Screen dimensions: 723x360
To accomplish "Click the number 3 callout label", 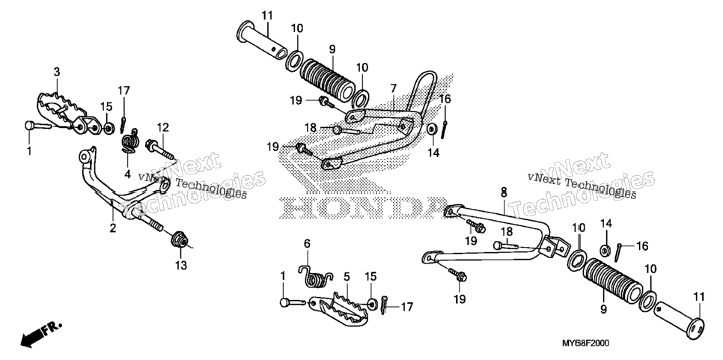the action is [57, 72].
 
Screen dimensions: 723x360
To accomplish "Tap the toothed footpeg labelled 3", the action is [69, 115].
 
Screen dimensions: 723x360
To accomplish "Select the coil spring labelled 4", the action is [130, 139].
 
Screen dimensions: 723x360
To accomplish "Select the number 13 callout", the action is [181, 265].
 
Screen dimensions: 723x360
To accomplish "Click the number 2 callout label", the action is [112, 228].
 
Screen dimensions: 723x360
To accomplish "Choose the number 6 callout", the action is [307, 243].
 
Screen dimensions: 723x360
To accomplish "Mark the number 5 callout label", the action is [347, 277].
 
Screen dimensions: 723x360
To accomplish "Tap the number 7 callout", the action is [394, 88].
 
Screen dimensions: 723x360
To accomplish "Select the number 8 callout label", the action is [504, 192].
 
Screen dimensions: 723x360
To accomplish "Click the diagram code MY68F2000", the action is [585, 344].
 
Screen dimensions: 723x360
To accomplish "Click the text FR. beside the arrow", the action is [52, 329].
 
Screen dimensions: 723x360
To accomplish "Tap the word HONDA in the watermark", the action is [364, 209].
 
